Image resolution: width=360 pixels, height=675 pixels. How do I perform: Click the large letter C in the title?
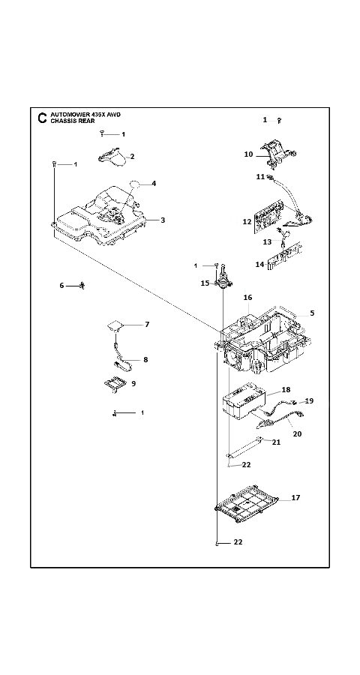pyautogui.click(x=42, y=118)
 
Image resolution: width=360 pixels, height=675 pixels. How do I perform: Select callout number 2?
pyautogui.click(x=132, y=157)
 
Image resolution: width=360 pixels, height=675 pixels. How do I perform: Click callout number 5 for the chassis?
pyautogui.click(x=312, y=313)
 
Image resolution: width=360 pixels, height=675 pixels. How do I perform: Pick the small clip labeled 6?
pyautogui.click(x=82, y=286)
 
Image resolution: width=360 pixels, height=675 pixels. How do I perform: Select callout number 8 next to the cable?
pyautogui.click(x=145, y=359)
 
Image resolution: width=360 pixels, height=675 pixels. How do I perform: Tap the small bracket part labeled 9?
pyautogui.click(x=115, y=383)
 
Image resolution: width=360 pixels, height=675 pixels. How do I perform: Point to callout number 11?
pyautogui.click(x=260, y=176)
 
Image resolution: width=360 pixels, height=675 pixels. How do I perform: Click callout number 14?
pyautogui.click(x=259, y=264)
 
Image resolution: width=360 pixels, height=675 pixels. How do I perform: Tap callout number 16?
pyautogui.click(x=247, y=298)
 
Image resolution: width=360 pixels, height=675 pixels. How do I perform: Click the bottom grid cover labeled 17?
pyautogui.click(x=246, y=504)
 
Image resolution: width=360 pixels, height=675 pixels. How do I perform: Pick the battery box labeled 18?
pyautogui.click(x=245, y=401)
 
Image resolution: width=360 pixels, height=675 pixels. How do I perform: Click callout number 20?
pyautogui.click(x=297, y=434)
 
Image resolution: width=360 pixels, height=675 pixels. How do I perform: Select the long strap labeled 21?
pyautogui.click(x=244, y=446)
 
